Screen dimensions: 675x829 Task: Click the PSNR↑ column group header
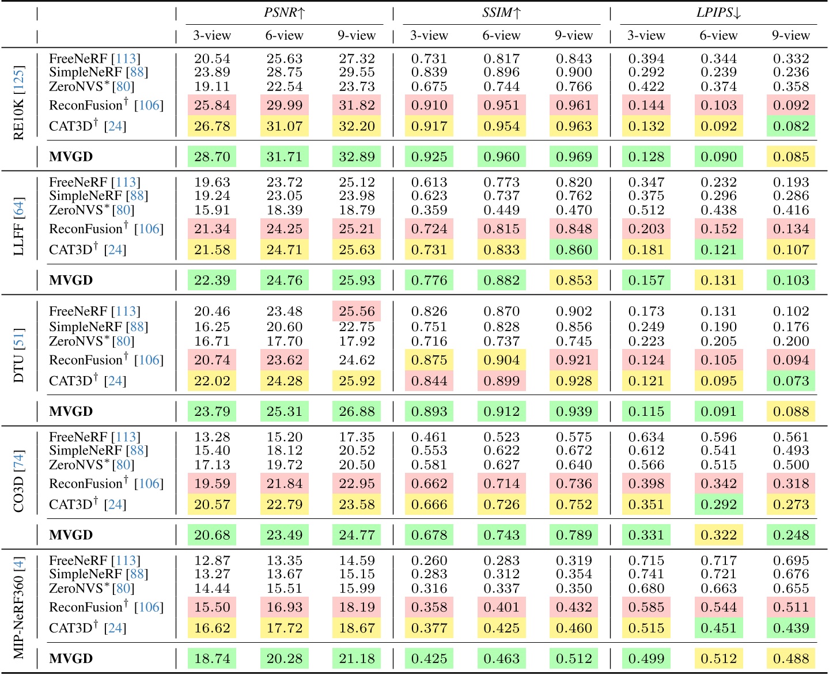point(285,13)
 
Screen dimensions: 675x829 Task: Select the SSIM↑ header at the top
point(501,13)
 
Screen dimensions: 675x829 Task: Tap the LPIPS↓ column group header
point(718,13)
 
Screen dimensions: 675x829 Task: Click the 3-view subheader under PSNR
point(212,36)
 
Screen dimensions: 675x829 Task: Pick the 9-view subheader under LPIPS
point(791,36)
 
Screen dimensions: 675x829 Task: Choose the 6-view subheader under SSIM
point(501,36)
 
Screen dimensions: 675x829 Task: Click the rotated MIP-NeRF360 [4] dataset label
point(18,608)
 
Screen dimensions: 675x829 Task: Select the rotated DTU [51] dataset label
point(18,355)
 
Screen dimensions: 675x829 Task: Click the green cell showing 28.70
point(212,157)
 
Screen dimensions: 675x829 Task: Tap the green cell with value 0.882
point(501,280)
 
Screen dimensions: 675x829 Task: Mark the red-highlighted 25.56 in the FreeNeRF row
point(357,312)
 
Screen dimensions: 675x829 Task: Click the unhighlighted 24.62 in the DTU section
point(357,361)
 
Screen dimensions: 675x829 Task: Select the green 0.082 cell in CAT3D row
point(791,126)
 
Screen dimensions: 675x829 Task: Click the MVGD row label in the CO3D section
point(71,535)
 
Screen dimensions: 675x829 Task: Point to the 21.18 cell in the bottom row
point(357,659)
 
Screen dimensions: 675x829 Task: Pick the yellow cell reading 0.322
point(718,535)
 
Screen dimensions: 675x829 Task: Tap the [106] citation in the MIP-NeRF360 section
point(149,608)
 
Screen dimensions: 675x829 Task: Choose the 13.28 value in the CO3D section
point(212,437)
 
